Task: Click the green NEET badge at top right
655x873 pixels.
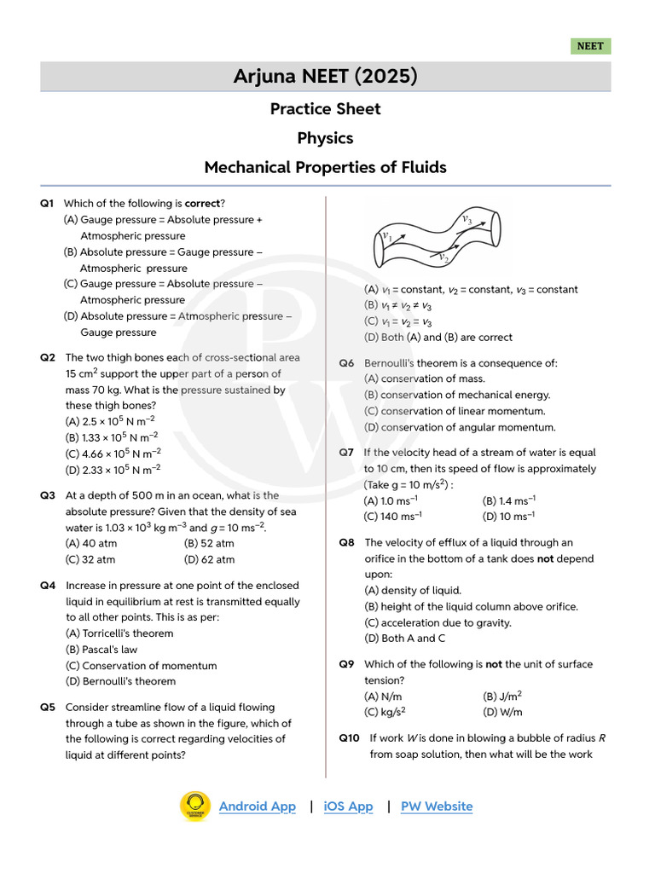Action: click(590, 46)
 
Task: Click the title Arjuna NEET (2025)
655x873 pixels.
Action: click(326, 77)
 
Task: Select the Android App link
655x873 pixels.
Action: click(257, 807)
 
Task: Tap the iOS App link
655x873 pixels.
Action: click(348, 807)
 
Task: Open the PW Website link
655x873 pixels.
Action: click(436, 807)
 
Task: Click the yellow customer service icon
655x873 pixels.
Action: click(195, 807)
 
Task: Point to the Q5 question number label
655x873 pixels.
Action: click(48, 707)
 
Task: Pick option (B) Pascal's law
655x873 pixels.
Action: click(101, 650)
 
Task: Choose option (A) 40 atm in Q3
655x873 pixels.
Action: click(91, 543)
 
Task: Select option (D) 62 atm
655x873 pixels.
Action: click(209, 560)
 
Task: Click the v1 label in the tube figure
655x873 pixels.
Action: click(386, 236)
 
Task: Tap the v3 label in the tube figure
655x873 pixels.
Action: click(467, 219)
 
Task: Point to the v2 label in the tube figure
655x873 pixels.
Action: click(443, 257)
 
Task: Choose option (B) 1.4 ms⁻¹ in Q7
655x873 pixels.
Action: click(508, 501)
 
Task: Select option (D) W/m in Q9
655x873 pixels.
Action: click(502, 712)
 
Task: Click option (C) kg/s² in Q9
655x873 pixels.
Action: click(385, 712)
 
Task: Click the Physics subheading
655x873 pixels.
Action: click(325, 138)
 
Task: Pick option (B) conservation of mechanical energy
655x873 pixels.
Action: click(457, 395)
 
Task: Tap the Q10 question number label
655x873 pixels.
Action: click(349, 738)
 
